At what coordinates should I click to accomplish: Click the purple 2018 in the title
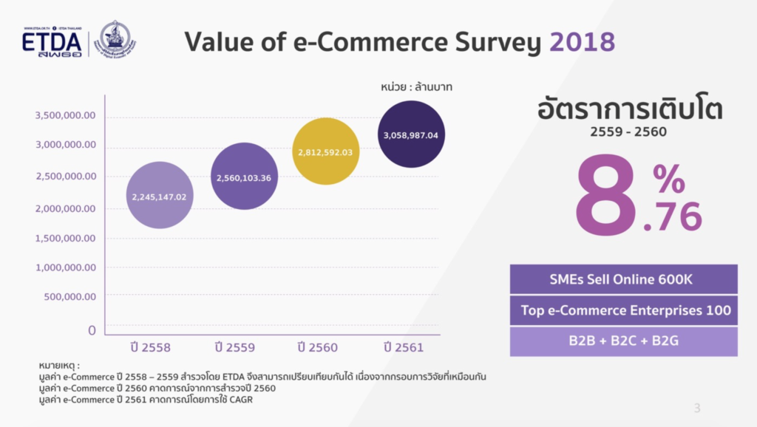pos(582,42)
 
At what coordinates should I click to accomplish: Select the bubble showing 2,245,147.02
pos(160,196)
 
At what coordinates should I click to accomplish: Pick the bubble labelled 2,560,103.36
pos(244,177)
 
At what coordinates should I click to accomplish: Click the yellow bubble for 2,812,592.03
pos(326,151)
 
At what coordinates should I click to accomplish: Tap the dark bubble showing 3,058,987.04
pos(411,134)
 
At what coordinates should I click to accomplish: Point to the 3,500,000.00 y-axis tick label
pos(66,115)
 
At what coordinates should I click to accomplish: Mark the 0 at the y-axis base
pos(92,330)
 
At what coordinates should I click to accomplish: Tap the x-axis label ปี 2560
pos(318,346)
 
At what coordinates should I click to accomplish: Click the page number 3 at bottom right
pos(697,408)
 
